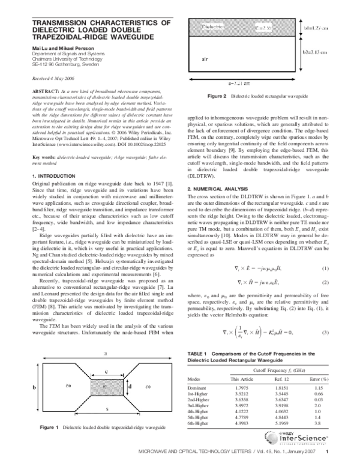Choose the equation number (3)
[x=325, y=282]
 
